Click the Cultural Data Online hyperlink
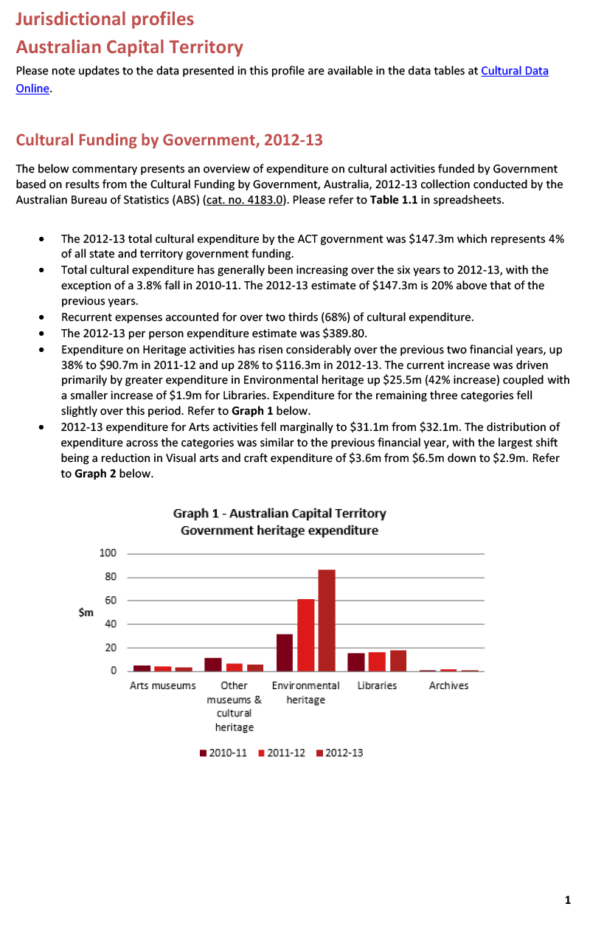(x=514, y=72)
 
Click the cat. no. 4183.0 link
(x=244, y=200)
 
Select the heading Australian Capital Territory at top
(x=130, y=47)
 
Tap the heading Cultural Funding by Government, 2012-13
(x=169, y=140)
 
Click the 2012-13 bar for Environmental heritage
(x=327, y=621)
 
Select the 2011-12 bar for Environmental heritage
(x=305, y=635)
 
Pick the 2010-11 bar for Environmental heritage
(x=285, y=653)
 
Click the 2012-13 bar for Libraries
(x=398, y=661)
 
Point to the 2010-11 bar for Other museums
(x=213, y=665)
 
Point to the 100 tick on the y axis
(x=108, y=553)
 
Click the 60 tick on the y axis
(x=110, y=601)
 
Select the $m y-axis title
(x=86, y=612)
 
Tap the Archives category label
(x=448, y=685)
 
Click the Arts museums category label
(x=162, y=685)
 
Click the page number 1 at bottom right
(x=567, y=899)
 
